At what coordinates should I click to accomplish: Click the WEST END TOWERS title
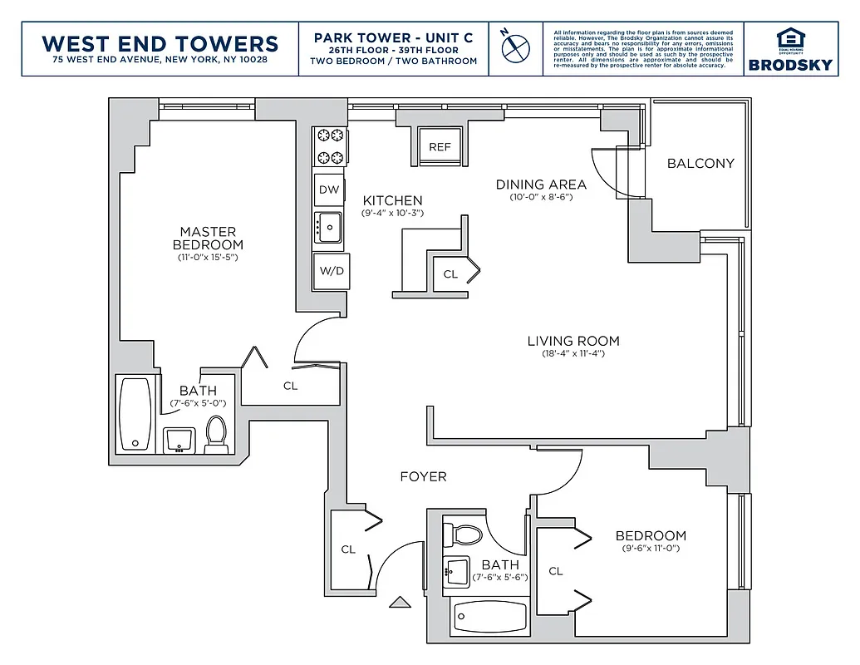point(160,43)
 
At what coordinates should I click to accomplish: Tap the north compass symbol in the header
point(514,47)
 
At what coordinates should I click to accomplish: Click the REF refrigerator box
point(440,146)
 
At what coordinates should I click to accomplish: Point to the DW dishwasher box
point(329,190)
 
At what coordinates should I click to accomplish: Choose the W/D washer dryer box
point(329,271)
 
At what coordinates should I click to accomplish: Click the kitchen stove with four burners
point(329,145)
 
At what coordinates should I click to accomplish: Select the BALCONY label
point(700,163)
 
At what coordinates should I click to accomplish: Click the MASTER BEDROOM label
point(208,238)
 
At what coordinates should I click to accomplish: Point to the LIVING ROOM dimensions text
point(573,354)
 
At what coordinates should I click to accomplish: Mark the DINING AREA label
point(541,185)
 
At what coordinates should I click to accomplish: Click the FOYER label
point(423,476)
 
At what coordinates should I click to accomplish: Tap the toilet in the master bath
point(216,434)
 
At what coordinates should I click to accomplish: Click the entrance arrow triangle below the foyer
point(401,602)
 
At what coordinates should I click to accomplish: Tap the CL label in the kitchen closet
point(450,273)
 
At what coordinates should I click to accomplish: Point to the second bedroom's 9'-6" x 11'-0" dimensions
point(651,549)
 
